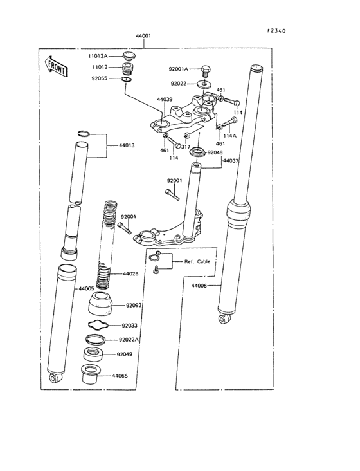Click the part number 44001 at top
coord(143,37)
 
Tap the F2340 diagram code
coord(276,30)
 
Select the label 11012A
coord(99,57)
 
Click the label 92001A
coord(179,69)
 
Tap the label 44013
coord(126,145)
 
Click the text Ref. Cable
coord(197,263)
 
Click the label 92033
coord(130,326)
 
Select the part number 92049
coord(125,354)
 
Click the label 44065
coord(120,375)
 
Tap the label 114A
coord(230,136)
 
